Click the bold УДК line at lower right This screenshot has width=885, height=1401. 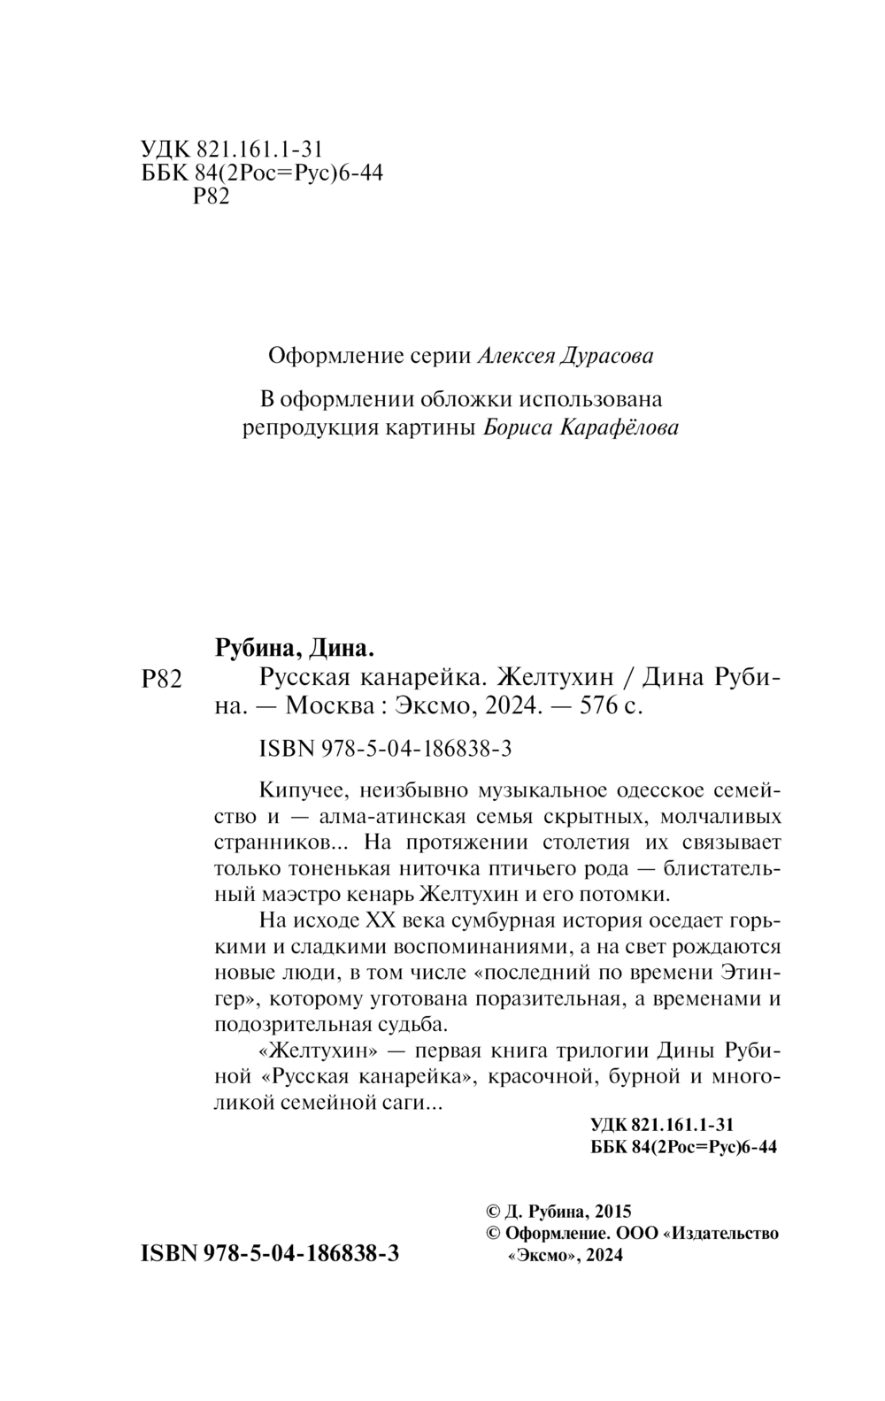coord(660,1125)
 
